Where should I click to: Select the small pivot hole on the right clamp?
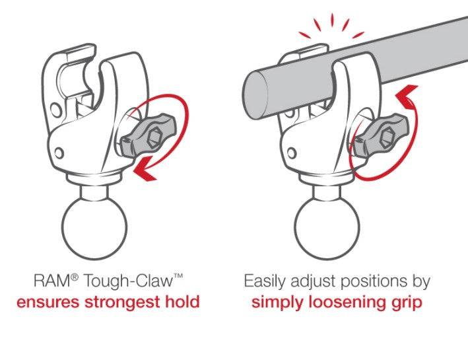click(x=291, y=153)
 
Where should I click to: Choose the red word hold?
click(x=182, y=303)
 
